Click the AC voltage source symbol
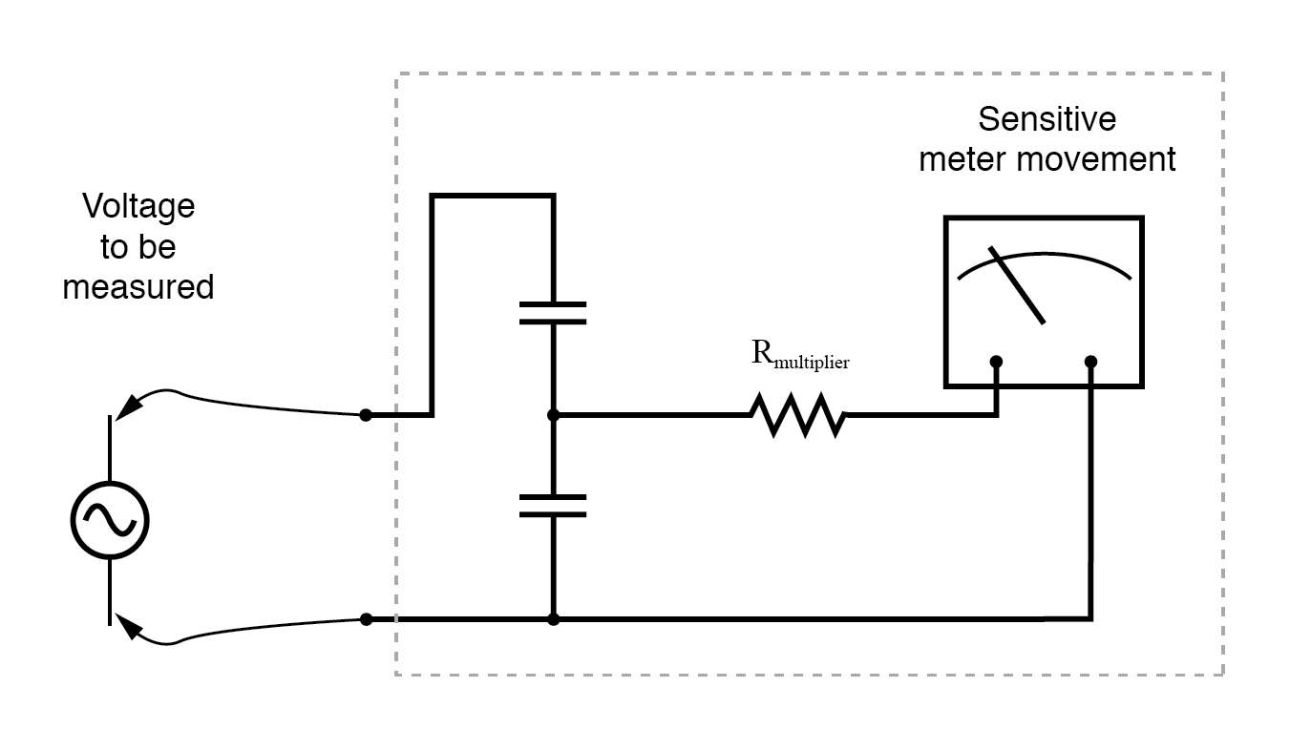click(110, 520)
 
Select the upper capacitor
click(553, 313)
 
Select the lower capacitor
click(553, 506)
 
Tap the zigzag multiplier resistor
click(797, 416)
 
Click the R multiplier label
click(800, 356)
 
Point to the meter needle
click(1018, 285)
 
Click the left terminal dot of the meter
click(996, 362)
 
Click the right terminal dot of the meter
click(1091, 362)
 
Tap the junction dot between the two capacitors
click(553, 416)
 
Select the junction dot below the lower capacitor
click(553, 619)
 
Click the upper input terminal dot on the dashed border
click(365, 416)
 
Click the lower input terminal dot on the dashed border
click(366, 619)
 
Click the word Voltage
click(138, 206)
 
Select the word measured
click(138, 286)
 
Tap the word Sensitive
click(1047, 120)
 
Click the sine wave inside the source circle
click(110, 520)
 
